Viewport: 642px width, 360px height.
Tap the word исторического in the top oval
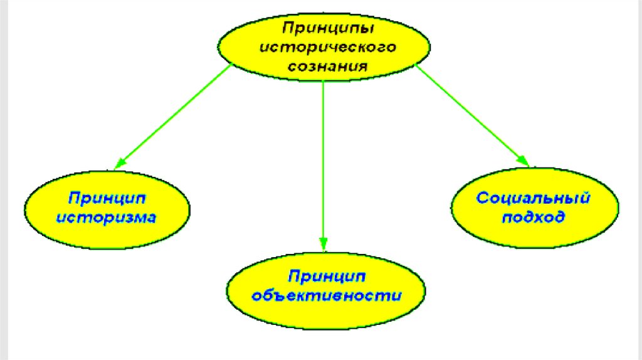point(324,48)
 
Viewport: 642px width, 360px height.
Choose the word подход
point(534,218)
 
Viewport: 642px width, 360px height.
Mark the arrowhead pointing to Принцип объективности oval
point(324,245)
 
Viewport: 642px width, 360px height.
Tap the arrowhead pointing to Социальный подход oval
point(523,161)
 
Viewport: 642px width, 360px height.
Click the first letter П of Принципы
point(287,29)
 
